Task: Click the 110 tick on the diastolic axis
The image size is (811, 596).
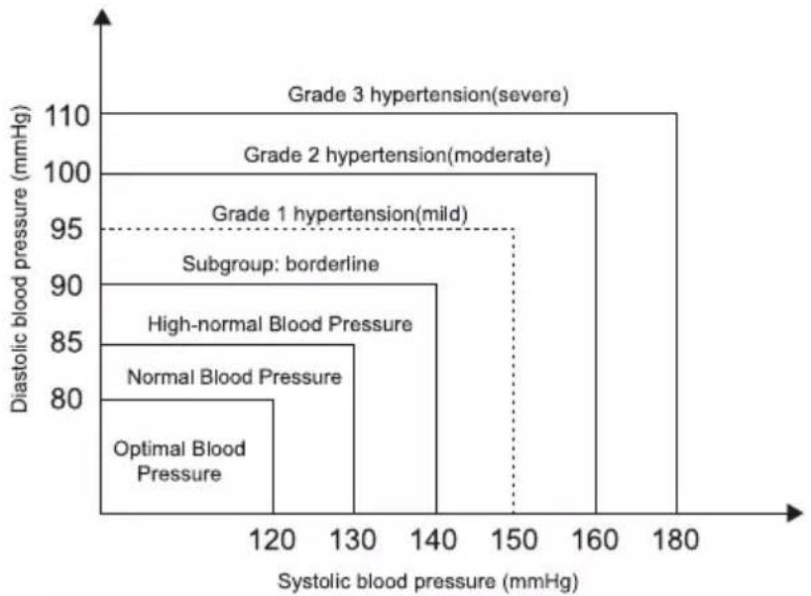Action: pyautogui.click(x=67, y=116)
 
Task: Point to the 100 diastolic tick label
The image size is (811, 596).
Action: pyautogui.click(x=67, y=173)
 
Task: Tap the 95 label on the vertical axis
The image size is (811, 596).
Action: pyautogui.click(x=66, y=229)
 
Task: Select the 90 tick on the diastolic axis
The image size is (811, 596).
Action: pyautogui.click(x=66, y=286)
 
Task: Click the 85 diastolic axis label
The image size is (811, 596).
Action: pyautogui.click(x=66, y=342)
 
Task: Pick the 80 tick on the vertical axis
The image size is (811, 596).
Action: pyautogui.click(x=66, y=400)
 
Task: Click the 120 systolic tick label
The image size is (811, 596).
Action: pyautogui.click(x=272, y=540)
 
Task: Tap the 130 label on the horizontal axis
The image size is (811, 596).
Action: pyautogui.click(x=353, y=540)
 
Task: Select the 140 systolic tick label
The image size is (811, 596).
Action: pyautogui.click(x=433, y=540)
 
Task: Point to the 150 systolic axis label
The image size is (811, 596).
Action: pyautogui.click(x=515, y=540)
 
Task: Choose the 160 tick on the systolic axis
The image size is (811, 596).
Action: pyautogui.click(x=595, y=540)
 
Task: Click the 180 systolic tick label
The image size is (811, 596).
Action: pyautogui.click(x=675, y=540)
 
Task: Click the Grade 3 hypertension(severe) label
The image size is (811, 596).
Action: pyautogui.click(x=428, y=95)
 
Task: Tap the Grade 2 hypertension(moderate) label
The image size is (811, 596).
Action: pyautogui.click(x=398, y=156)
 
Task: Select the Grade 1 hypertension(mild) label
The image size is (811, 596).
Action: pyautogui.click(x=340, y=214)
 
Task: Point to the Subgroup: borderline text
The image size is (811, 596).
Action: pyautogui.click(x=281, y=264)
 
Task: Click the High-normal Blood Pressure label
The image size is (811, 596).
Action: pyautogui.click(x=281, y=325)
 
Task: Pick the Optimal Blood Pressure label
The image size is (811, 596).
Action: pyautogui.click(x=179, y=461)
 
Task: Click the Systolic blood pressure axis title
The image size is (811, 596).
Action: pyautogui.click(x=428, y=581)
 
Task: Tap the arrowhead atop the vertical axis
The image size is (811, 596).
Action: pyautogui.click(x=102, y=18)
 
